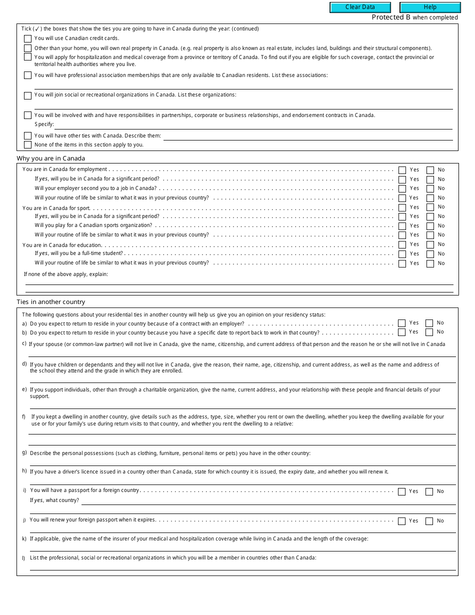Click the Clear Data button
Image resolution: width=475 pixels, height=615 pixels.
tap(360, 7)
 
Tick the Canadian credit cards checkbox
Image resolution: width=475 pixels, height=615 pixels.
tap(27, 38)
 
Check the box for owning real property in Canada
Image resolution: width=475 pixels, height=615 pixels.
tap(27, 48)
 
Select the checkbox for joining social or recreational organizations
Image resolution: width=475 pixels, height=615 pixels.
tap(27, 95)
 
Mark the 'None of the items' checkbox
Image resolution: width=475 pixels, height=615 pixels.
tap(27, 145)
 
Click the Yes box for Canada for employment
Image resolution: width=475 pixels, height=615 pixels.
tap(402, 170)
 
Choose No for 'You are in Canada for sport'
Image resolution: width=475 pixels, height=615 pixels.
tap(430, 207)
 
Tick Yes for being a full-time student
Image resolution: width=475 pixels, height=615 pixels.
tap(402, 254)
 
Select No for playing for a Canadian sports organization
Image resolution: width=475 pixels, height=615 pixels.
tap(430, 226)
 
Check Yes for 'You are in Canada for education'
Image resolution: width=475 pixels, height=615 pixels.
tap(402, 244)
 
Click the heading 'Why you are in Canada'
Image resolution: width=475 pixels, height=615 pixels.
tap(50, 158)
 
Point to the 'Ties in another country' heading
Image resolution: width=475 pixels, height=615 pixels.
tap(50, 302)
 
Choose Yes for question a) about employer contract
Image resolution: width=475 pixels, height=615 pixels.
tap(401, 323)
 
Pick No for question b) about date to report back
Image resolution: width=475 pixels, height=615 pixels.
tap(429, 332)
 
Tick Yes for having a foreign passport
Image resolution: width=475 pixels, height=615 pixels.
tap(401, 491)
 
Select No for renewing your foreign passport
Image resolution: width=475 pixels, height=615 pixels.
tap(429, 521)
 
